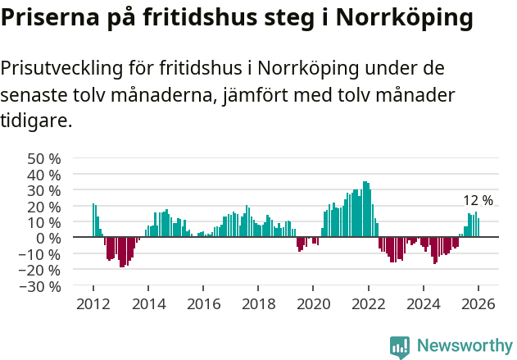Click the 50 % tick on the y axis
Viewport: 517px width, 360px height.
[44, 158]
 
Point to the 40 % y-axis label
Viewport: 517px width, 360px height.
[44, 175]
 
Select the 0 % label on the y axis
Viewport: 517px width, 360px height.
[49, 238]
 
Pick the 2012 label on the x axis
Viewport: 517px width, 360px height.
[93, 304]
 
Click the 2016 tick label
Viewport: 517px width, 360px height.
[203, 304]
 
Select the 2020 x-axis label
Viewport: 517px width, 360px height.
[313, 304]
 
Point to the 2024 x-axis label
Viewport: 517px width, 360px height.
[423, 304]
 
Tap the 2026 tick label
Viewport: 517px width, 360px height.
[478, 304]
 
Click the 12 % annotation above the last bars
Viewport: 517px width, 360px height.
[478, 201]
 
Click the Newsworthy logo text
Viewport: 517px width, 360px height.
[465, 346]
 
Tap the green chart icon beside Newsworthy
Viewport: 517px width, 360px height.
[400, 347]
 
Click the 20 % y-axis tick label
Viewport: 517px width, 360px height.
[44, 207]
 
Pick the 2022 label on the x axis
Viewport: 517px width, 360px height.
[368, 304]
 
